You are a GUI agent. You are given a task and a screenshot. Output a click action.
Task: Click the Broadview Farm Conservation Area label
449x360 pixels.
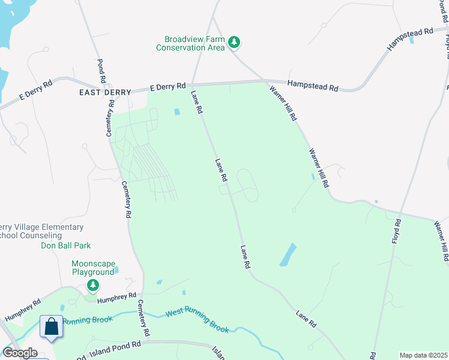tap(190, 43)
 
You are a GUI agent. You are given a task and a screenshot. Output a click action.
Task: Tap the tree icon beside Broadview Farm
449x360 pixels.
tap(235, 41)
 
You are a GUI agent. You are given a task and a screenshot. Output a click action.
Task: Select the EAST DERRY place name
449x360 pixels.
tap(104, 92)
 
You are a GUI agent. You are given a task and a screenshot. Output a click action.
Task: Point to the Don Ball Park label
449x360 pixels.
tap(65, 245)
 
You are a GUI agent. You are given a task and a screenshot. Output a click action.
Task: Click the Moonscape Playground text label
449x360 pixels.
tap(92, 268)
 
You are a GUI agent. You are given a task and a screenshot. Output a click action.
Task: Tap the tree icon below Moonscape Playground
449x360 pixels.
tap(92, 284)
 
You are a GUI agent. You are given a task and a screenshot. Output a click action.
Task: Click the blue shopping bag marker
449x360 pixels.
tap(52, 327)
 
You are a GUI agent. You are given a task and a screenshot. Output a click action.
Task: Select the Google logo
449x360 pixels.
tap(20, 353)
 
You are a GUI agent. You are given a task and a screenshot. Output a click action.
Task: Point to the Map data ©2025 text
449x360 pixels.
tap(423, 355)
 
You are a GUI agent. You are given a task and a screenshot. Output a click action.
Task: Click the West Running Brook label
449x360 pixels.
tap(197, 320)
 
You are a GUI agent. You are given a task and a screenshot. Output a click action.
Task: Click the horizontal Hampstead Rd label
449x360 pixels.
tap(312, 86)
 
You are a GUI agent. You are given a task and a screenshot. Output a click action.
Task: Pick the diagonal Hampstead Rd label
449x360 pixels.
tap(411, 39)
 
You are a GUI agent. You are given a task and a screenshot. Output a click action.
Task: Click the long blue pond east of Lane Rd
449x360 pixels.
tap(288, 254)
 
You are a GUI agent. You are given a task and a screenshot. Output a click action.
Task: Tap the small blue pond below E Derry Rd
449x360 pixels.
tap(176, 112)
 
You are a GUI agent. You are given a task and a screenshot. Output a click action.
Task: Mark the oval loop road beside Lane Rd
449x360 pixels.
tap(247, 185)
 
